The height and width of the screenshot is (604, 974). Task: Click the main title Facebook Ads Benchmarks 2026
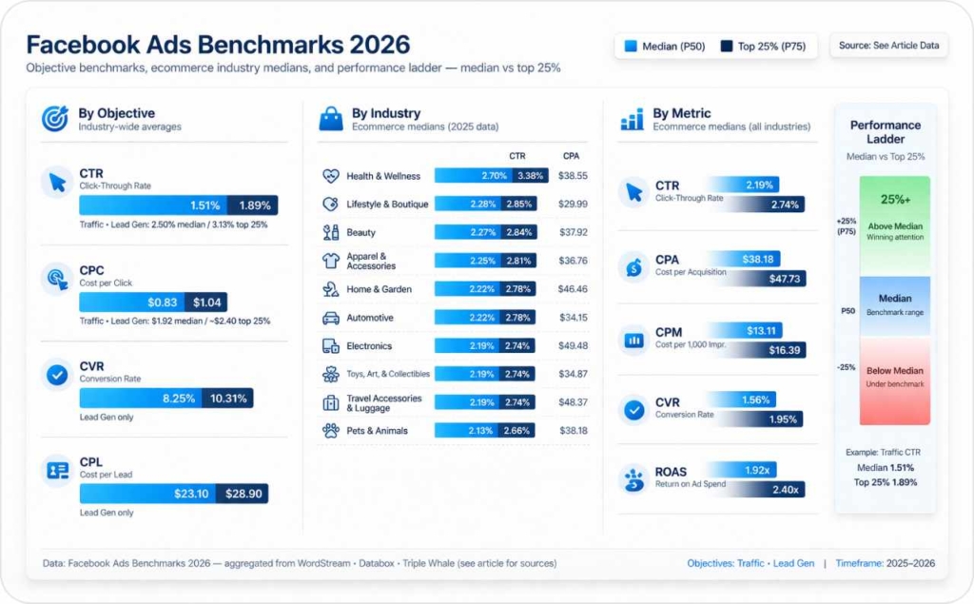[218, 45]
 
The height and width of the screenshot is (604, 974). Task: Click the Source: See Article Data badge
[887, 46]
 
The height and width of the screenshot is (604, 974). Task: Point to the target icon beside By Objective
[55, 119]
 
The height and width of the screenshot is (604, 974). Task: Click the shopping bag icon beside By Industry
[331, 119]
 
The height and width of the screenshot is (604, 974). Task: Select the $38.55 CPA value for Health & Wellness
[573, 176]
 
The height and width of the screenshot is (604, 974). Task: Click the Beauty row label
[360, 232]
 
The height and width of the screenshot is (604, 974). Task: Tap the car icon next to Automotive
[331, 318]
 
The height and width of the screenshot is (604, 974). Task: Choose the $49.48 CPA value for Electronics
[573, 345]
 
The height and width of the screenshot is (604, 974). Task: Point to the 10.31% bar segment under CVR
[227, 398]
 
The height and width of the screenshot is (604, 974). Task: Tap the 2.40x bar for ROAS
[772, 489]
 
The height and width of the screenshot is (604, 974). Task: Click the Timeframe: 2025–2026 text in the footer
[885, 563]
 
